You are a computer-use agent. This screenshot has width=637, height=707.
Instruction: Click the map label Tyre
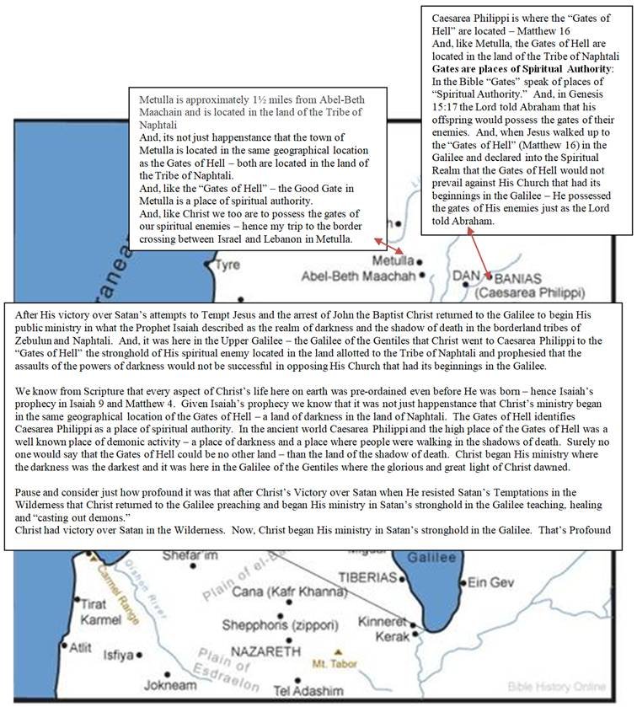point(227,264)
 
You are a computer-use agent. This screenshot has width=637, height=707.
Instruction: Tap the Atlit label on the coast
point(81,648)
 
